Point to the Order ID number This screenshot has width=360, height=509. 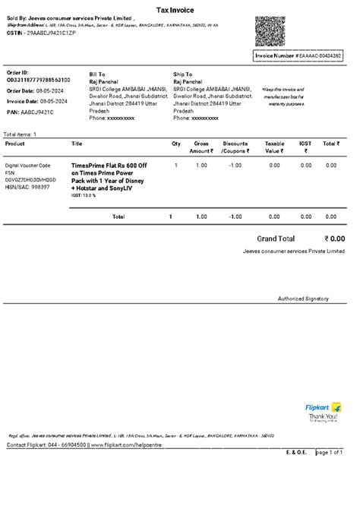click(x=39, y=80)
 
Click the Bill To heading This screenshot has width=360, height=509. click(x=98, y=74)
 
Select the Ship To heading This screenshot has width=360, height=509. click(x=183, y=74)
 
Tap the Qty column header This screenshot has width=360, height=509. click(x=176, y=143)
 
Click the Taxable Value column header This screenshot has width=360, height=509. click(x=274, y=147)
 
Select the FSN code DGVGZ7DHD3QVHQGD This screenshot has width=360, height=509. click(x=30, y=179)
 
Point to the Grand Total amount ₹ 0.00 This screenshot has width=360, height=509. click(x=334, y=239)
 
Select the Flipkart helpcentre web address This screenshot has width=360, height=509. click(x=132, y=444)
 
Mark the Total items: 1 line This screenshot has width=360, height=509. click(x=21, y=134)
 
